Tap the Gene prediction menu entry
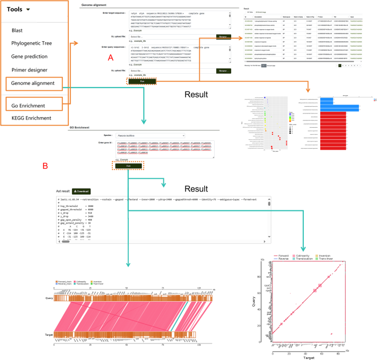31,57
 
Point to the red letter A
111,57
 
